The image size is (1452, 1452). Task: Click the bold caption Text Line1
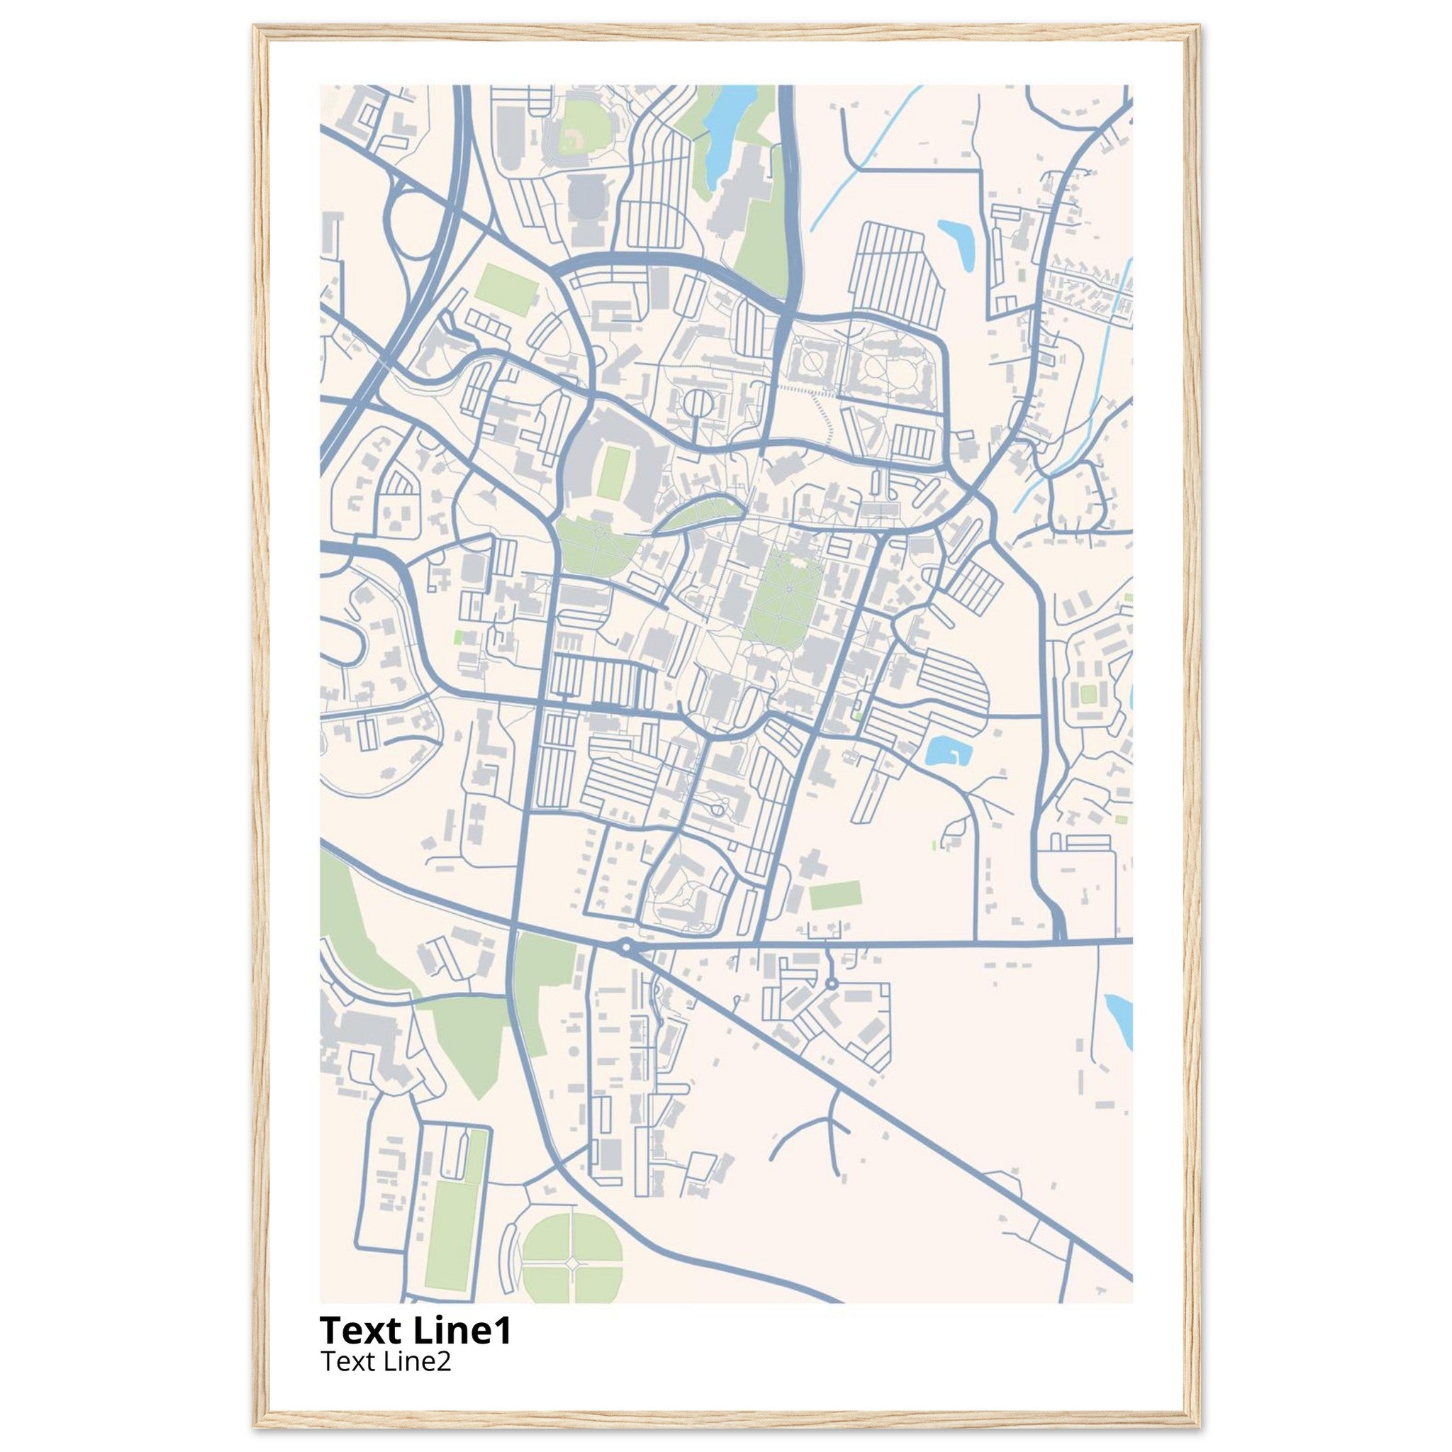[x=415, y=1330]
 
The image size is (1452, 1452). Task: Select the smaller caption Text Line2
[x=386, y=1361]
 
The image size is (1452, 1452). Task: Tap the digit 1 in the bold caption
[x=503, y=1330]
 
